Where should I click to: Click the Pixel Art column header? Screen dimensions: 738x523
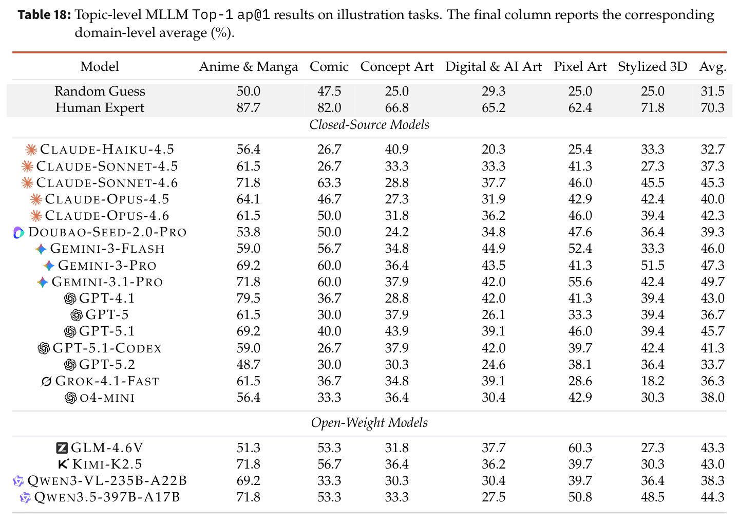580,67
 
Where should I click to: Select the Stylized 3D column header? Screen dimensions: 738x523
652,67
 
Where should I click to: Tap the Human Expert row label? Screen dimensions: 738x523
100,108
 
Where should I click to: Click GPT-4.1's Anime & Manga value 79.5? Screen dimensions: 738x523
248,298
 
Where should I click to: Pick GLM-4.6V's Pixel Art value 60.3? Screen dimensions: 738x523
580,447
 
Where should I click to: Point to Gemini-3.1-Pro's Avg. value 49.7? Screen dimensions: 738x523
712,282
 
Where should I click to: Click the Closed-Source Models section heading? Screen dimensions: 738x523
369,124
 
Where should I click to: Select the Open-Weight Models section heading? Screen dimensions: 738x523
369,422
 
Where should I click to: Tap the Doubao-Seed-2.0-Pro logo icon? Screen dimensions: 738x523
19,232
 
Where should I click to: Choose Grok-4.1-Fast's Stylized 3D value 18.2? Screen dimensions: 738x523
652,381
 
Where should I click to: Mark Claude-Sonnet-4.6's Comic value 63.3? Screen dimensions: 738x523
329,182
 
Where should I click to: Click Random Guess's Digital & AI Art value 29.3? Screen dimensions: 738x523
493,91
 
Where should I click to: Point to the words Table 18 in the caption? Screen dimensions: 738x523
44,15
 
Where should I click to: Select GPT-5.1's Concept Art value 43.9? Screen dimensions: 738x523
396,331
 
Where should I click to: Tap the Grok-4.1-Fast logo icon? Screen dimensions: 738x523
46,382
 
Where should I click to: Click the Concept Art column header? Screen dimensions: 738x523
396,67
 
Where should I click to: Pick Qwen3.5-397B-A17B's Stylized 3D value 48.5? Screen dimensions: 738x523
652,497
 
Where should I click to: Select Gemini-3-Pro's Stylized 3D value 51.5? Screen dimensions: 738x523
652,265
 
